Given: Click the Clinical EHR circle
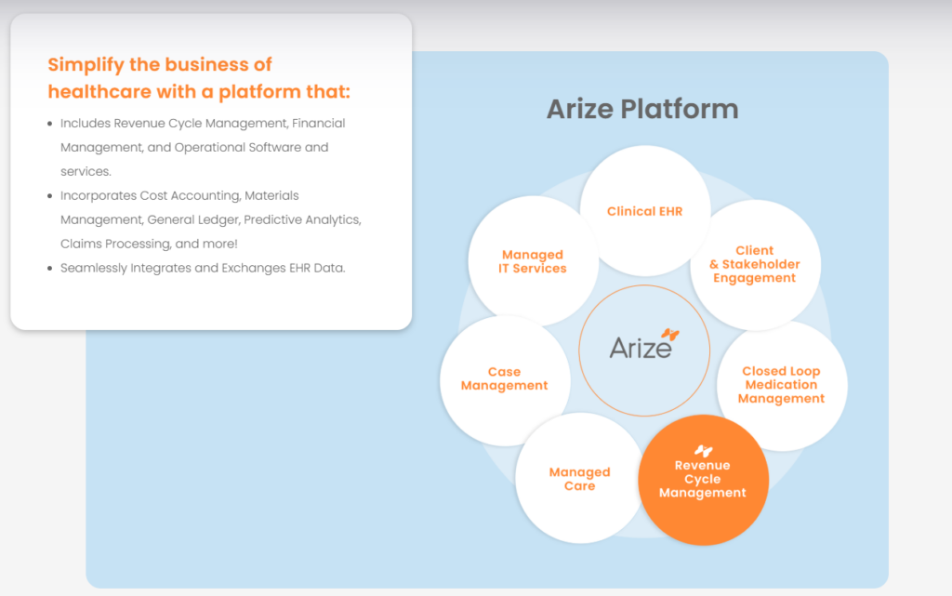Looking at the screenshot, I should (644, 211).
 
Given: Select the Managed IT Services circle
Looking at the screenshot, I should (533, 261).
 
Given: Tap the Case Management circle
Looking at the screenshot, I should (504, 379).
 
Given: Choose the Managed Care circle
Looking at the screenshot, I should (579, 479).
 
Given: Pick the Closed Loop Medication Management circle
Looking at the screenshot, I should (781, 385).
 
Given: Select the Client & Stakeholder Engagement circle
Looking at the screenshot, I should (754, 264).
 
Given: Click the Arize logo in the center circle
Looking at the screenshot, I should (641, 348).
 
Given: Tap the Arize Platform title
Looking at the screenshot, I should (642, 109).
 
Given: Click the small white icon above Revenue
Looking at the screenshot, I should (703, 451).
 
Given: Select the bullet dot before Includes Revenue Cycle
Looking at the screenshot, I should (49, 124).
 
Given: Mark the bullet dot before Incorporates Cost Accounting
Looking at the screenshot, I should (49, 196).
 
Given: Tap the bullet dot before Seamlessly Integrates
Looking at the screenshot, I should (49, 269).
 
